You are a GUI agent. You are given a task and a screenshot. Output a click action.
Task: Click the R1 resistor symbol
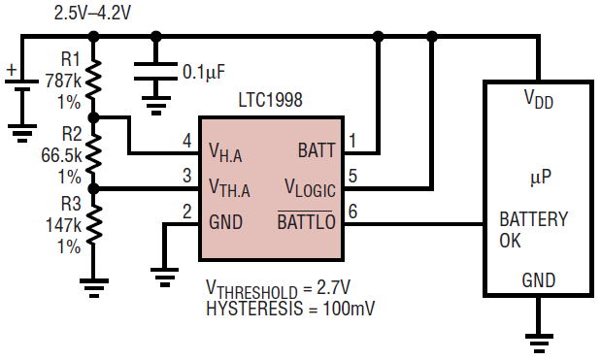[x=94, y=80]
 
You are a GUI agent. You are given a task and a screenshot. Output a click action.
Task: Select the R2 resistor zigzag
[x=94, y=153]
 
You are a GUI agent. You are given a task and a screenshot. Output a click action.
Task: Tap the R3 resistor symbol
[x=94, y=224]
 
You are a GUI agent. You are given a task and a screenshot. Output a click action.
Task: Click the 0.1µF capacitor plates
[x=155, y=72]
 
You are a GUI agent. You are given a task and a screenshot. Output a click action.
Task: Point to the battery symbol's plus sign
[x=12, y=70]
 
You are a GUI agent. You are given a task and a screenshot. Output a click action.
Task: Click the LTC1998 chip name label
[x=270, y=100]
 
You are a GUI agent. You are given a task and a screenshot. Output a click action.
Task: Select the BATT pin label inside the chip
[x=317, y=150]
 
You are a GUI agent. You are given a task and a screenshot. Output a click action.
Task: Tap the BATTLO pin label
[x=306, y=221]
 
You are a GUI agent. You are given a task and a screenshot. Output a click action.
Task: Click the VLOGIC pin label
[x=310, y=188]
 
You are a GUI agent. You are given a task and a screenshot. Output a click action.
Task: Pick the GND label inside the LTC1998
[x=226, y=222]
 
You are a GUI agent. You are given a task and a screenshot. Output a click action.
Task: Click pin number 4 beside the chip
[x=187, y=141]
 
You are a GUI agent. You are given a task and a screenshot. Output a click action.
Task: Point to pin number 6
[x=352, y=212]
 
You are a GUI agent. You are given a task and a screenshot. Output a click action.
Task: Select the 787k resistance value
[x=64, y=81]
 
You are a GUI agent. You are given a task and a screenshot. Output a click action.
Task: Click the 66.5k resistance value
[x=61, y=155]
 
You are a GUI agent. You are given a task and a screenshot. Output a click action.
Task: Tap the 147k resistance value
[x=64, y=225]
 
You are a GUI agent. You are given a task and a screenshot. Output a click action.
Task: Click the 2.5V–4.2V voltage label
[x=92, y=13]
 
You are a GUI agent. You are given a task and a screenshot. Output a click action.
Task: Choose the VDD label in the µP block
[x=539, y=99]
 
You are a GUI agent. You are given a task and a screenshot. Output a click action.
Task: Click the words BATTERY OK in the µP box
[x=534, y=230]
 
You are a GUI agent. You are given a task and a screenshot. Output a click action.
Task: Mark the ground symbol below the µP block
[x=539, y=343]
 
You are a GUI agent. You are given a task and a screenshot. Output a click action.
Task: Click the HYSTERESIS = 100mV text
[x=290, y=309]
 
